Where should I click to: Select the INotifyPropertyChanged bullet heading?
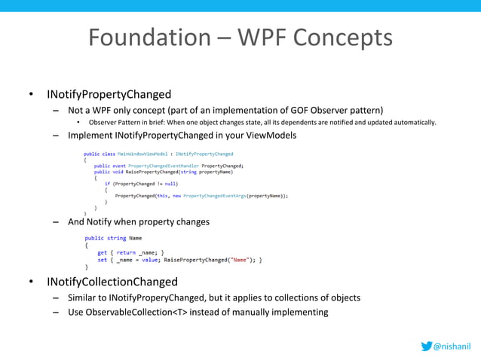pyautogui.click(x=109, y=95)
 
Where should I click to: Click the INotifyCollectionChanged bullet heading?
pyautogui.click(x=112, y=282)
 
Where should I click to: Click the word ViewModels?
pyautogui.click(x=270, y=136)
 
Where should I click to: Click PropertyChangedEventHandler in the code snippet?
pyautogui.click(x=161, y=165)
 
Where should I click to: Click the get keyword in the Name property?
pyautogui.click(x=102, y=253)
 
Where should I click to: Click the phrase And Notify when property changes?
pyautogui.click(x=139, y=222)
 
